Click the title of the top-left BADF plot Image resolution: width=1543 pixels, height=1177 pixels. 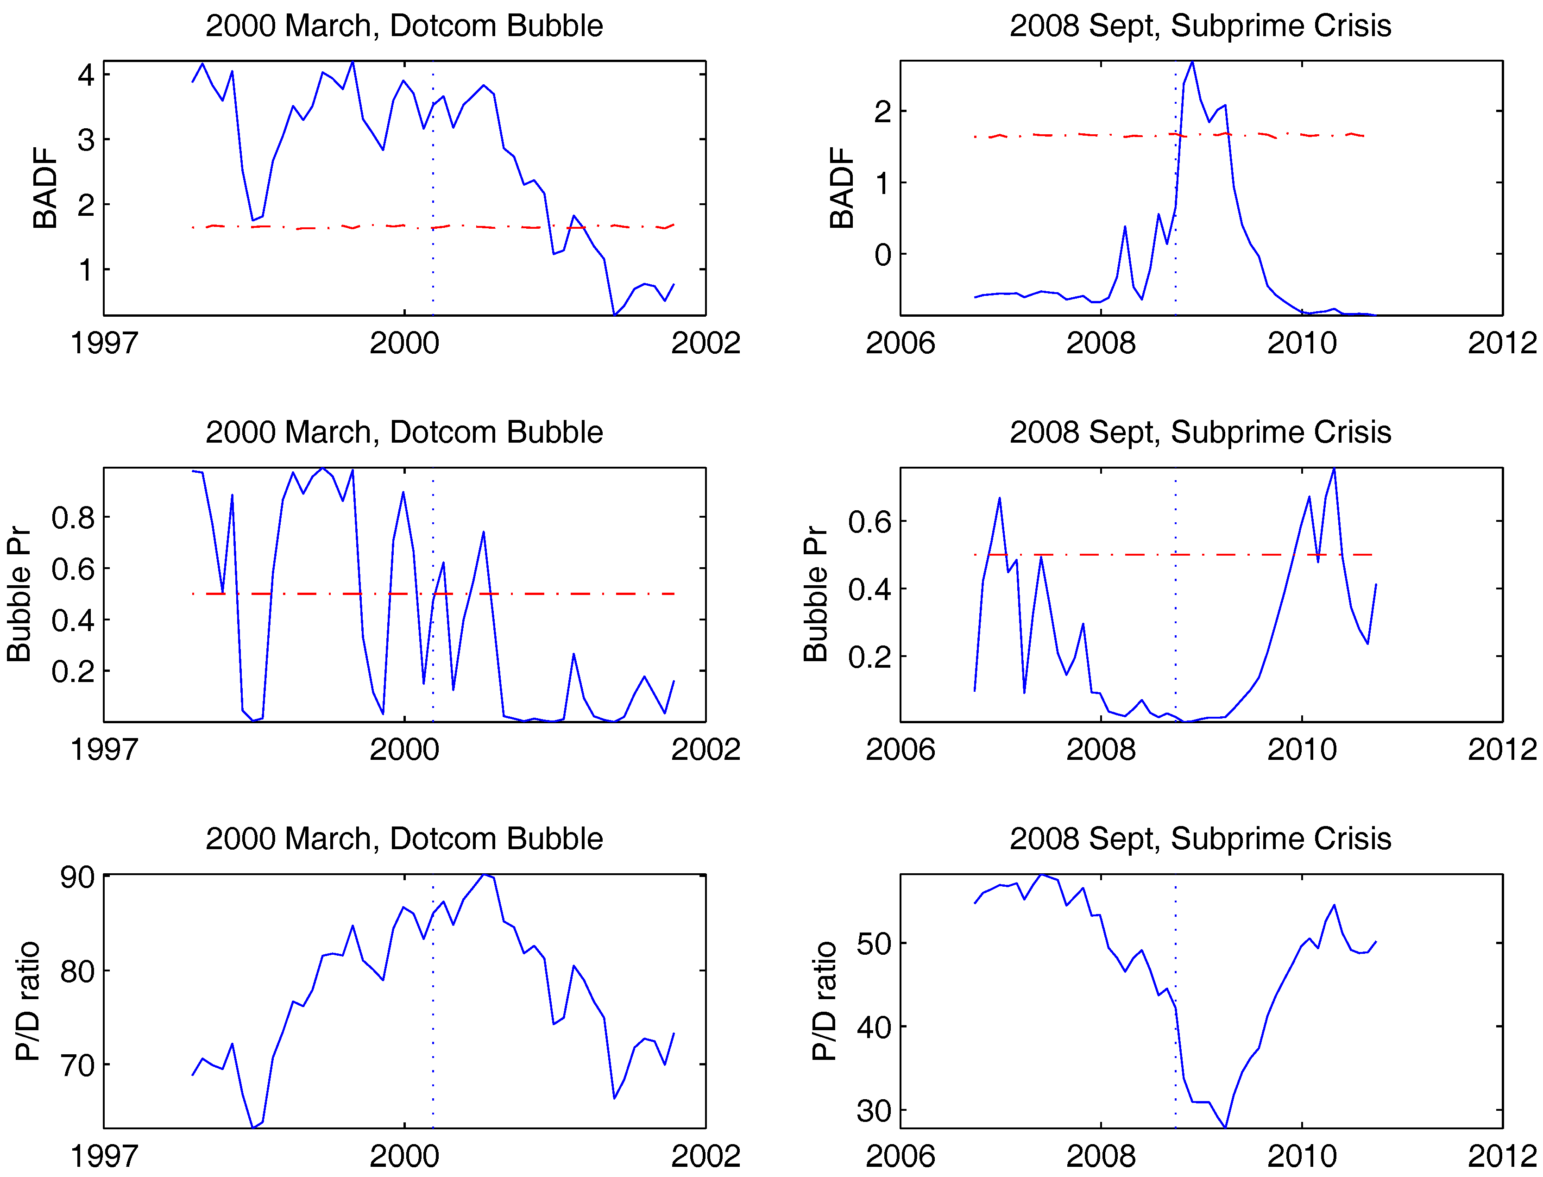(x=404, y=26)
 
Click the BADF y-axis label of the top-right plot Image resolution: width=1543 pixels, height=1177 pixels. (x=842, y=188)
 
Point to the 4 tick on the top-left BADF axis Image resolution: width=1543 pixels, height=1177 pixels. (x=86, y=74)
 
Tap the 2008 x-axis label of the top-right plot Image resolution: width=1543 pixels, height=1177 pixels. (x=1101, y=343)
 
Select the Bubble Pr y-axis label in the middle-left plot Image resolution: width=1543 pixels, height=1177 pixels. (x=19, y=594)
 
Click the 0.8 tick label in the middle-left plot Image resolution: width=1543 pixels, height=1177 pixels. (x=73, y=518)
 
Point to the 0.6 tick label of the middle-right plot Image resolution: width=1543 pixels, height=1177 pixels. (x=869, y=522)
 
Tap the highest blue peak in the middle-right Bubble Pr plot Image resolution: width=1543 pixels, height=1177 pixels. (x=1334, y=470)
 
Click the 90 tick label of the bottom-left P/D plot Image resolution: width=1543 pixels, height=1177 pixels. (x=77, y=877)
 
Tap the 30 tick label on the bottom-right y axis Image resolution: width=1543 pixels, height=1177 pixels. (x=874, y=1111)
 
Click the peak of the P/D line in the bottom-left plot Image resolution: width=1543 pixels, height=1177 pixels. (x=484, y=875)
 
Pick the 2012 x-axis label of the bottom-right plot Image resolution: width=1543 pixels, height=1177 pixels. (x=1502, y=1157)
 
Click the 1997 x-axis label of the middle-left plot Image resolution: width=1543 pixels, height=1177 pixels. (x=104, y=750)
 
